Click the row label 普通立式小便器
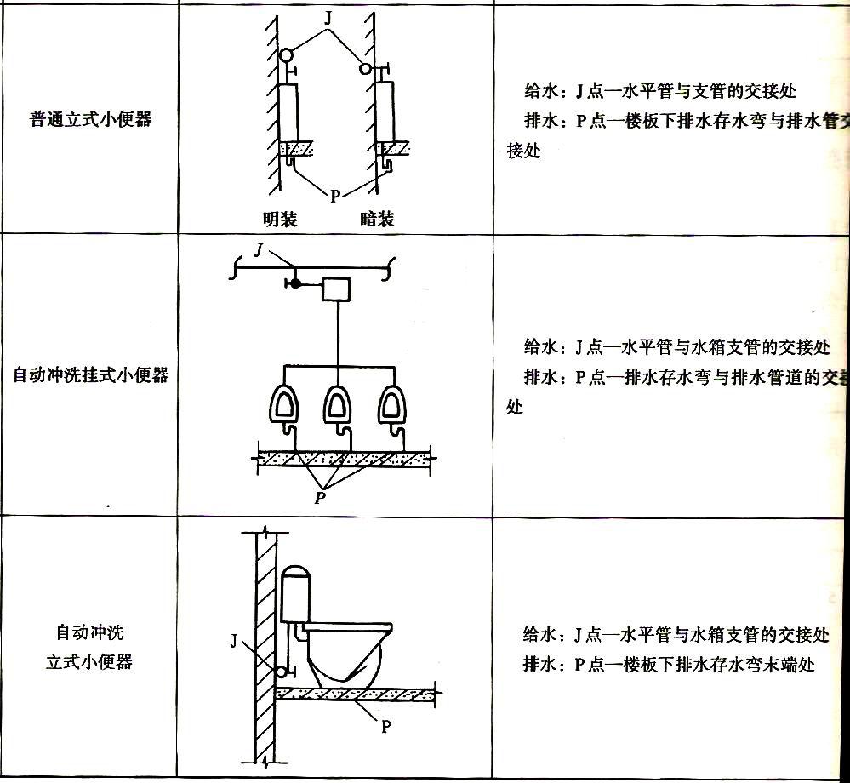click(90, 119)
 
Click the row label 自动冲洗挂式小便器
click(90, 374)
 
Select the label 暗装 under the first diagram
click(377, 220)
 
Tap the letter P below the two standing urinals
click(335, 196)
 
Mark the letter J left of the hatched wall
click(235, 640)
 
